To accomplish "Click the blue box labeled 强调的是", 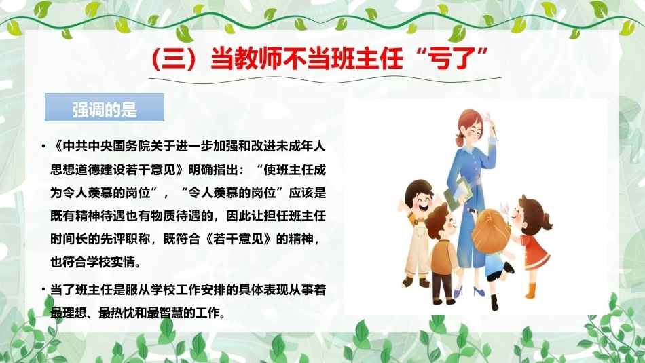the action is pyautogui.click(x=105, y=107).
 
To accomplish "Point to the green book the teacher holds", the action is pyautogui.click(x=458, y=193).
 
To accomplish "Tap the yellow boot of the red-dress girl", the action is pyautogui.click(x=531, y=290).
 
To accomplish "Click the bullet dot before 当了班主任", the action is pyautogui.click(x=43, y=290).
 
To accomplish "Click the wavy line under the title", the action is pyautogui.click(x=325, y=79).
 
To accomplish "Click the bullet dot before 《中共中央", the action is pyautogui.click(x=43, y=146).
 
